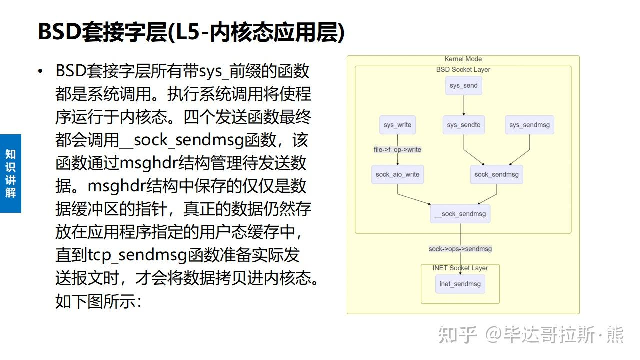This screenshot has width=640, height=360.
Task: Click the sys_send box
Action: [463, 85]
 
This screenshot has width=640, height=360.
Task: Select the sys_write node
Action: [397, 125]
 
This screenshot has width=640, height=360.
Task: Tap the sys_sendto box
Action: [464, 125]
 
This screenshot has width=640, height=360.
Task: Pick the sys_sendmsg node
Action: [529, 125]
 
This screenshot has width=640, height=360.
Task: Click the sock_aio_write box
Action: [397, 174]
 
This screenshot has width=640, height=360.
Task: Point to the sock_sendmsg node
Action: [496, 174]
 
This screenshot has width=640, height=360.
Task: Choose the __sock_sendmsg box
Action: [460, 214]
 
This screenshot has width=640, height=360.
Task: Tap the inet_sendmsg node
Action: [460, 284]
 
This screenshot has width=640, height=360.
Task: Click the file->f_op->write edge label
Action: [397, 149]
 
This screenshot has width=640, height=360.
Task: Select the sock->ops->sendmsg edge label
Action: [460, 249]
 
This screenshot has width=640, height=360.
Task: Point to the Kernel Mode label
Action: [463, 59]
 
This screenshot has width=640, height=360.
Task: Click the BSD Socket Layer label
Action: [463, 70]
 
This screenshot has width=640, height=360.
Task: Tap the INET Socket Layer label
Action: [460, 268]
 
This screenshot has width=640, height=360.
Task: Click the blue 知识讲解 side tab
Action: [10, 173]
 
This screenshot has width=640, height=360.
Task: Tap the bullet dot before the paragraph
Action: [40, 71]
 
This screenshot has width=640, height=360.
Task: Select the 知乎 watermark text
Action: [456, 335]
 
